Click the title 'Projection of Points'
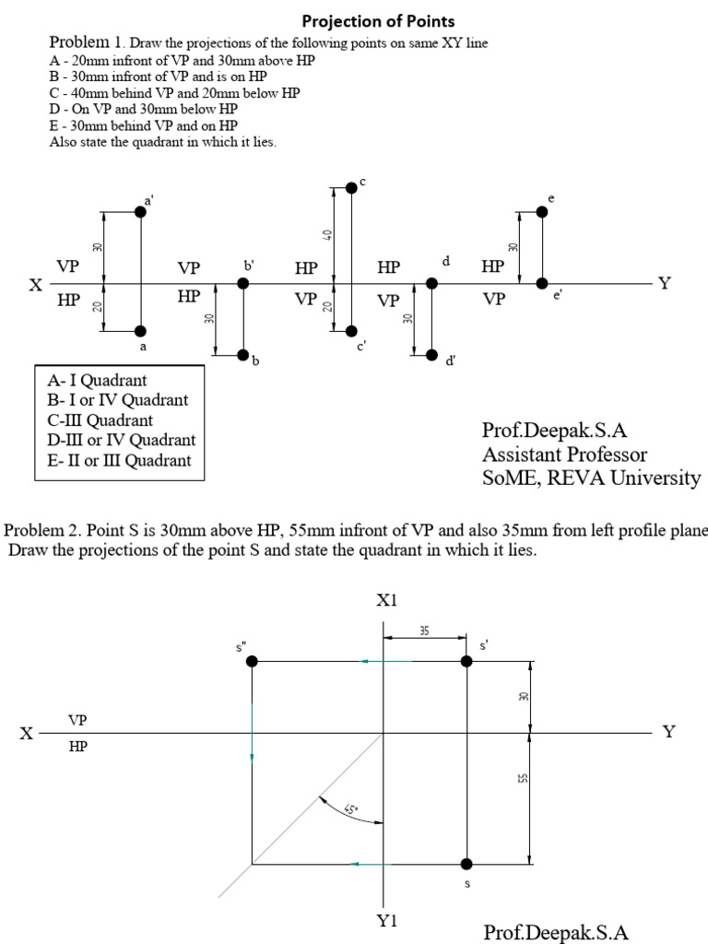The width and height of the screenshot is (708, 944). tap(379, 21)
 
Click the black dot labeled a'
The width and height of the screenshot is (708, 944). tap(140, 212)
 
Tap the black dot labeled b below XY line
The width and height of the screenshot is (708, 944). tap(243, 354)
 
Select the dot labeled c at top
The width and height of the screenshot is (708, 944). tap(350, 187)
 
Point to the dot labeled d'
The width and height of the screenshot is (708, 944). tap(431, 354)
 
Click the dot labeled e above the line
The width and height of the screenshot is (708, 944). tap(542, 212)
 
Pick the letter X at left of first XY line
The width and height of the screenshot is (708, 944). tap(34, 285)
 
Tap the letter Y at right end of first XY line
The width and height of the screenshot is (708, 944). tap(664, 283)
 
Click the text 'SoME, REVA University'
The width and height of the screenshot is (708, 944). tap(591, 478)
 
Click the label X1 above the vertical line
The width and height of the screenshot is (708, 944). tap(386, 601)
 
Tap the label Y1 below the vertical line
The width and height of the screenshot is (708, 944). tap(386, 922)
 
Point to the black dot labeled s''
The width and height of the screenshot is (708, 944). tap(252, 661)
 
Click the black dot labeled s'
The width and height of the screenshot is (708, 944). tap(467, 661)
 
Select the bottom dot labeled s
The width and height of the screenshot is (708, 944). tap(467, 864)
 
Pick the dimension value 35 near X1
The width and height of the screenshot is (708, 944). tap(423, 631)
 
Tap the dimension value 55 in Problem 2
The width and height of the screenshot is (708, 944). tap(522, 779)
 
